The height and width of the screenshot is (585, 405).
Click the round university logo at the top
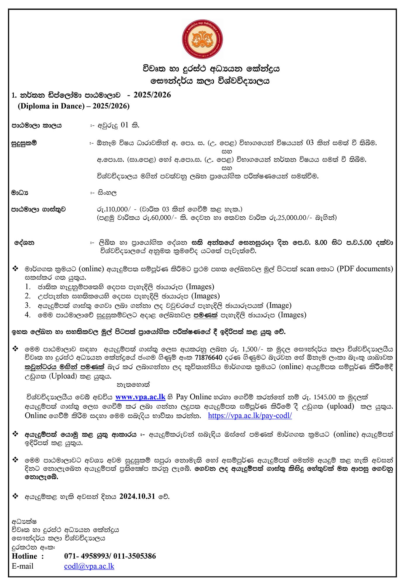pos(202,39)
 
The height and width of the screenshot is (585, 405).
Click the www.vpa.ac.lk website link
pos(140,397)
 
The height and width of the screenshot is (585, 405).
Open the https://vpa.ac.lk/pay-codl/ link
pos(250,416)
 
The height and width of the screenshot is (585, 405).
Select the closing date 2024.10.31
pos(137,496)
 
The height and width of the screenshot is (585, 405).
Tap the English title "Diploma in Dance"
pos(51,106)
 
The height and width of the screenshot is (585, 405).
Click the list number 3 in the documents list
pos(27,305)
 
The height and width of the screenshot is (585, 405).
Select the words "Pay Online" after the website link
pos(194,397)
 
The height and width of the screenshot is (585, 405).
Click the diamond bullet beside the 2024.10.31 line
pos(15,496)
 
